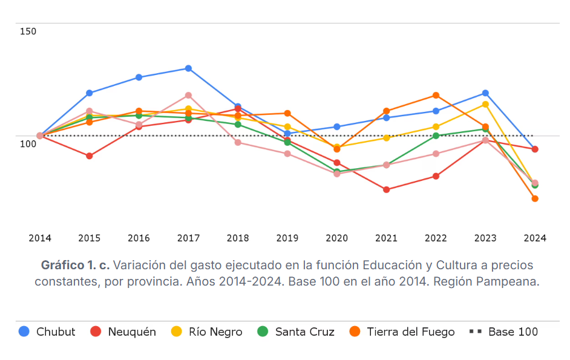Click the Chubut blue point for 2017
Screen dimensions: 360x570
(x=189, y=68)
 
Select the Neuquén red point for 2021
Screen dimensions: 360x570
(x=386, y=189)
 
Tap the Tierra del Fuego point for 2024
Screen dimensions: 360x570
(x=535, y=198)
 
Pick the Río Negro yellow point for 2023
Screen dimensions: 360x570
(x=485, y=104)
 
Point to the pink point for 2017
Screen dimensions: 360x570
(x=189, y=95)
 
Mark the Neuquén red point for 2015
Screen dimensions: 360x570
(x=90, y=156)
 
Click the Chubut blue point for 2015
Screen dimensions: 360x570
(x=90, y=93)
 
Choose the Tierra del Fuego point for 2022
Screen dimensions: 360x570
(x=436, y=95)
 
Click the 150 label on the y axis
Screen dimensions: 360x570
(x=28, y=31)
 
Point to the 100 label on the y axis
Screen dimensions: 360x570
(x=28, y=143)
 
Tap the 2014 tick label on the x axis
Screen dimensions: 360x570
(x=40, y=238)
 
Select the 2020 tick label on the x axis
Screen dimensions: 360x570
(x=336, y=238)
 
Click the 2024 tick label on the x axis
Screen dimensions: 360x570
(x=535, y=238)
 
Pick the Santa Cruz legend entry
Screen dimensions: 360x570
(x=296, y=332)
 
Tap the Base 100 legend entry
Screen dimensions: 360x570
(x=503, y=332)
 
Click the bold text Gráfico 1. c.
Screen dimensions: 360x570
(x=75, y=265)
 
